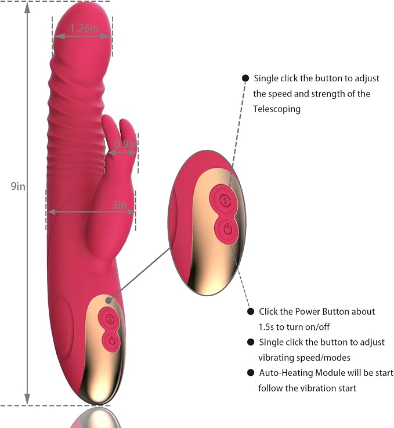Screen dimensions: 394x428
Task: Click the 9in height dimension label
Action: pos(18,186)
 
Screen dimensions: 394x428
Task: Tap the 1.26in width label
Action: pos(84,28)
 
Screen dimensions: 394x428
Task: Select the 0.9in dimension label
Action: pos(125,144)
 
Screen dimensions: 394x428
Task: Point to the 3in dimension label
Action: pos(120,204)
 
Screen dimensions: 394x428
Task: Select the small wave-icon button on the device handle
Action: pos(109,318)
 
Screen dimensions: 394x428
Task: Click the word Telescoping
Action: pos(277,109)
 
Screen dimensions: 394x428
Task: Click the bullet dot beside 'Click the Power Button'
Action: pos(251,311)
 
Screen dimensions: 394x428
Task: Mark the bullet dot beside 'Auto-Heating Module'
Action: pos(251,373)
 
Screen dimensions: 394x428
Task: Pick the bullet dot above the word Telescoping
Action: pos(245,78)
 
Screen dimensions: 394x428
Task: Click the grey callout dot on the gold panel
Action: pos(109,300)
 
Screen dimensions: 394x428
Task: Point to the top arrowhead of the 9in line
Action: pos(27,8)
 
